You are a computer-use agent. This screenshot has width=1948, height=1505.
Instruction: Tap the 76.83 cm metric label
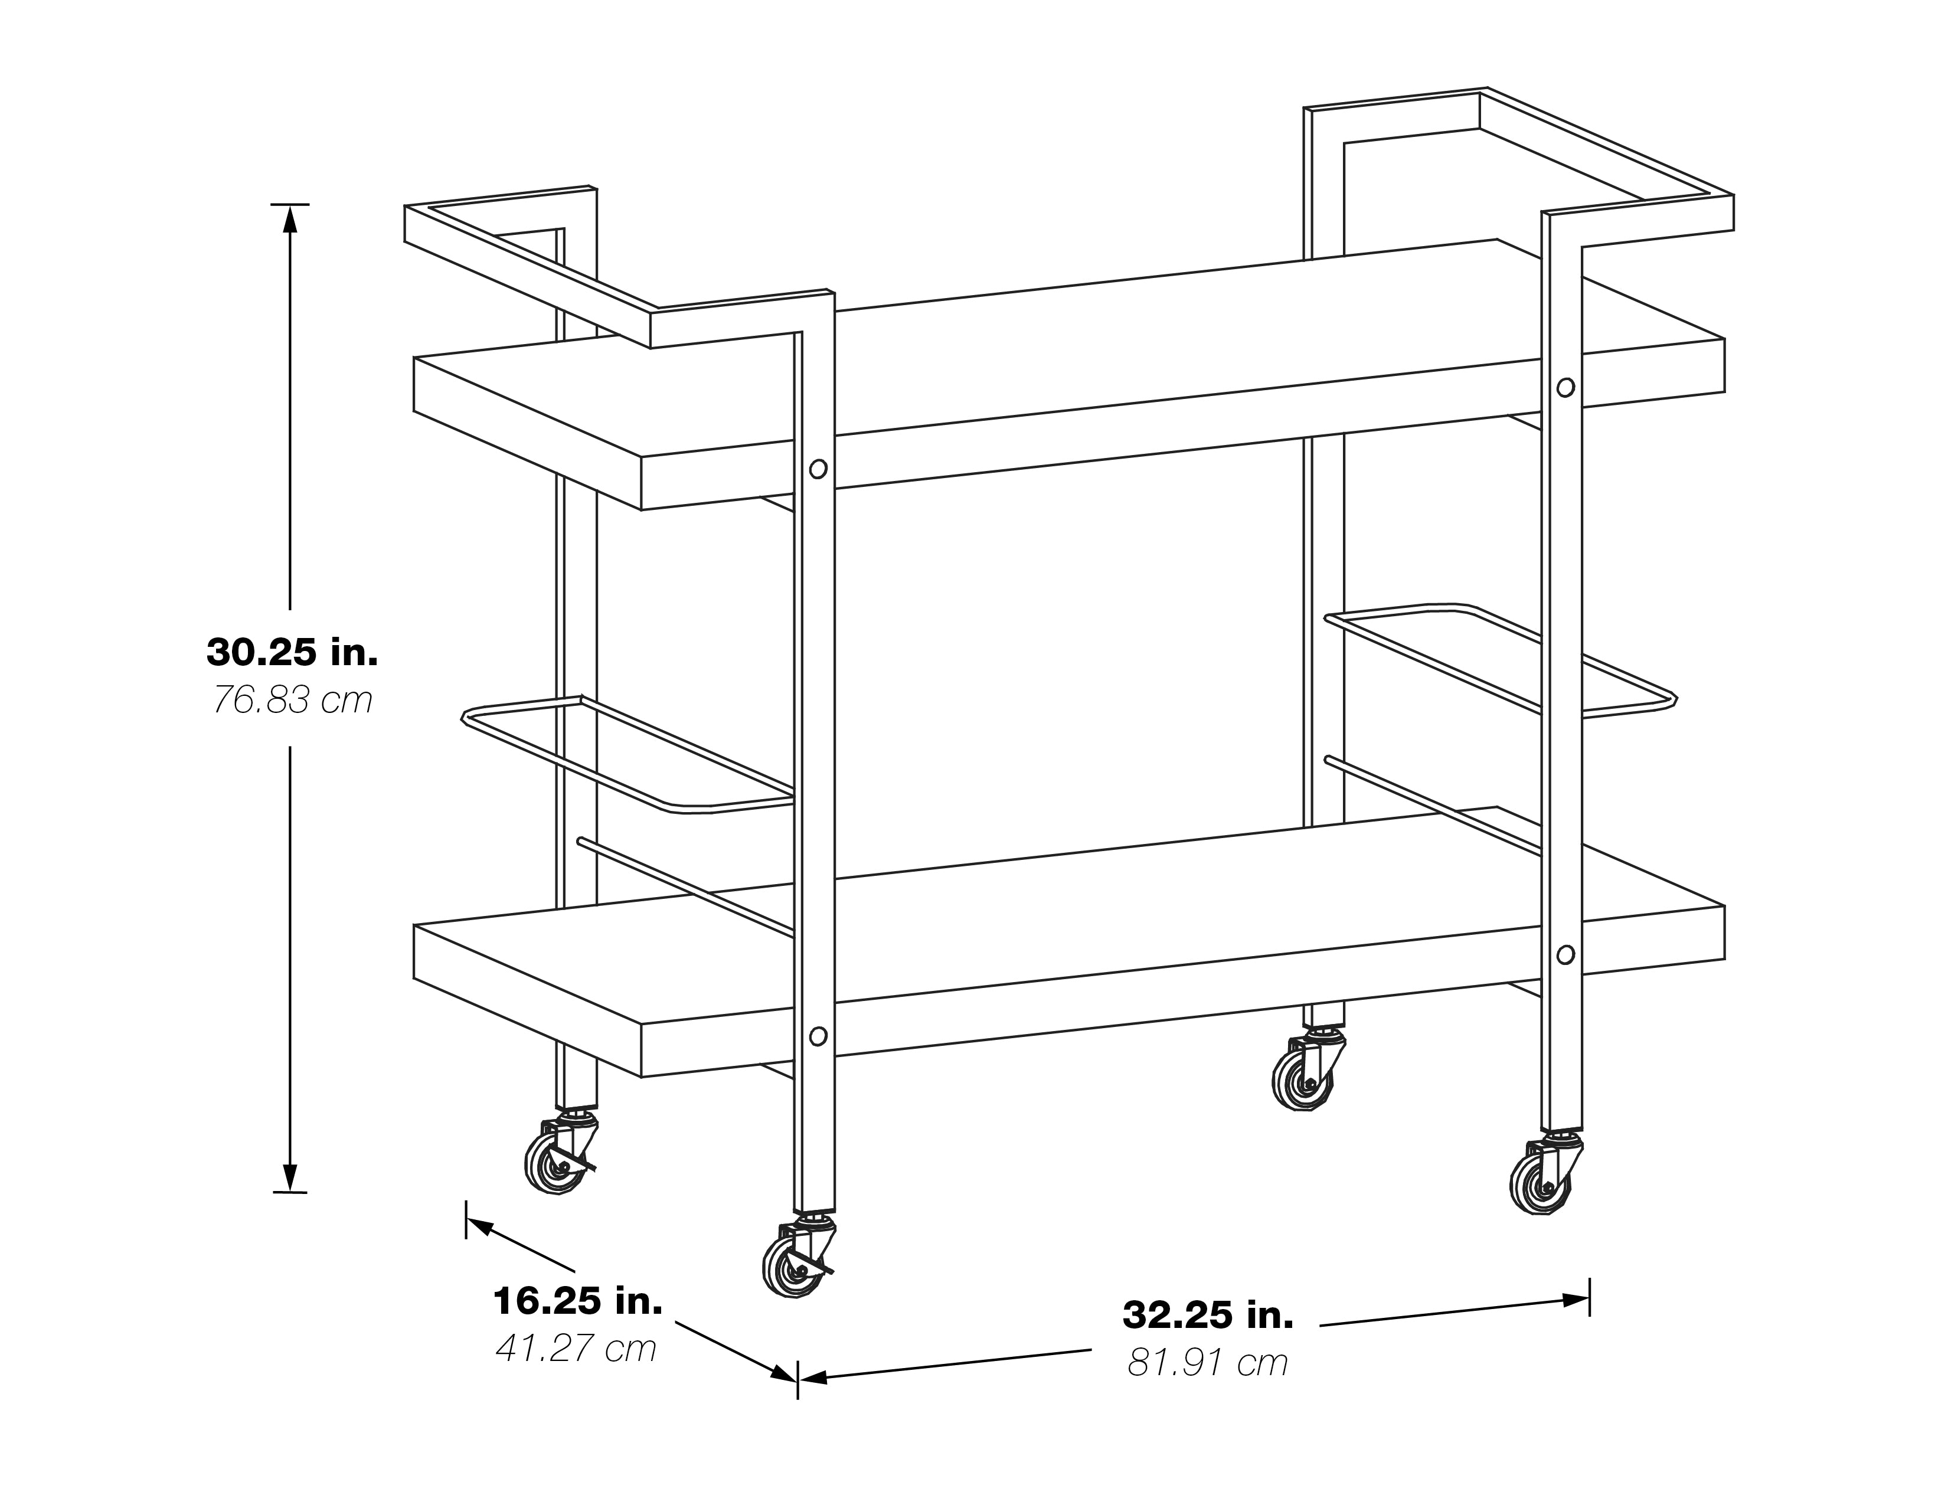pyautogui.click(x=292, y=701)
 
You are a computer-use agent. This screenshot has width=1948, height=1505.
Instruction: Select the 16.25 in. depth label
pyautogui.click(x=578, y=1302)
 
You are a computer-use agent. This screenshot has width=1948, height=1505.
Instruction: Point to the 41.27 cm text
pyautogui.click(x=576, y=1349)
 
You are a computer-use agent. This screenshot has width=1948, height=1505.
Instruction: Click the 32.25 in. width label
pyautogui.click(x=1208, y=1315)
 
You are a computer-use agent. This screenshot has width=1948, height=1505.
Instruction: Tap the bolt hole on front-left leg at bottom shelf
pyautogui.click(x=818, y=1036)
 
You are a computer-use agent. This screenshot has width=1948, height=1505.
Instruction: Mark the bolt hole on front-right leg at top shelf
pyautogui.click(x=1565, y=387)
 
